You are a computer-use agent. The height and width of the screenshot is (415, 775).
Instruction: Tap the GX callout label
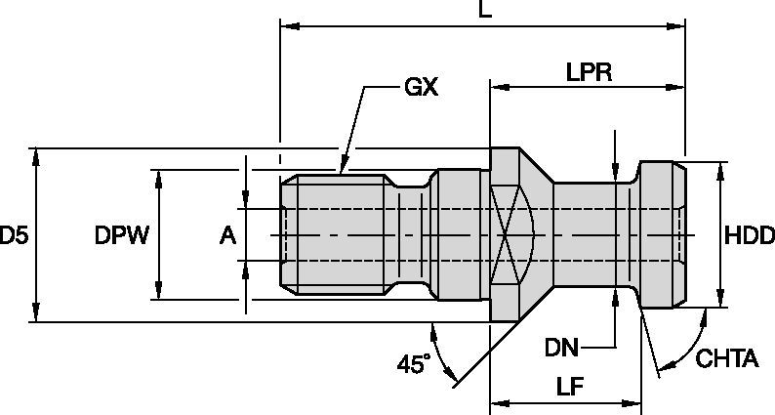click(421, 88)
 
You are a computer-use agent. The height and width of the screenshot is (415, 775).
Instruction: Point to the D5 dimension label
click(14, 235)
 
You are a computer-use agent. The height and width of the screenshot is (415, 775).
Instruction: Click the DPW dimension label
click(120, 235)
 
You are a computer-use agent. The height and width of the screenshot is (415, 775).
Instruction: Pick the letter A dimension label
click(226, 235)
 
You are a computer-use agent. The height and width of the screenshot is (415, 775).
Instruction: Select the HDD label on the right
click(750, 235)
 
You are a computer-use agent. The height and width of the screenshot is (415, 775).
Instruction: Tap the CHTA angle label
click(726, 359)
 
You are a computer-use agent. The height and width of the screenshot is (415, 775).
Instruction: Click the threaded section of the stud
click(337, 235)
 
